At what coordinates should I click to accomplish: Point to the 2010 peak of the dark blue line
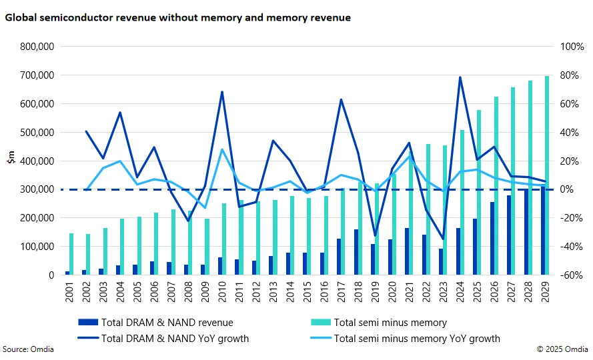coord(221,92)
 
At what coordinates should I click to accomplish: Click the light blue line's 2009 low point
coord(205,208)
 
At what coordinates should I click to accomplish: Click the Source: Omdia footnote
coord(28,349)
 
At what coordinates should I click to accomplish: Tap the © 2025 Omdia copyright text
coord(563,349)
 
